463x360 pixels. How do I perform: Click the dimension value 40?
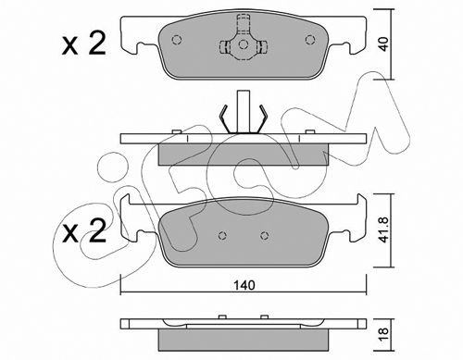pos(383,44)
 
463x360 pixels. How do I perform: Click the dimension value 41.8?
pos(383,230)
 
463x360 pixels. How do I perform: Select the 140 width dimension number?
pos(244,285)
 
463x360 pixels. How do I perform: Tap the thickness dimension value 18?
pos(383,334)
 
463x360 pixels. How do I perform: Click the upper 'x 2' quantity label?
pos(84,43)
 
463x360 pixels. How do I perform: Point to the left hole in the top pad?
pos(176,40)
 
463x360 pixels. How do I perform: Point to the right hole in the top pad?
pos(310,40)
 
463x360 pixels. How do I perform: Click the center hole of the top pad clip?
pos(244,44)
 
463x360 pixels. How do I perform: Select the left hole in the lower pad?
pos(222,236)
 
